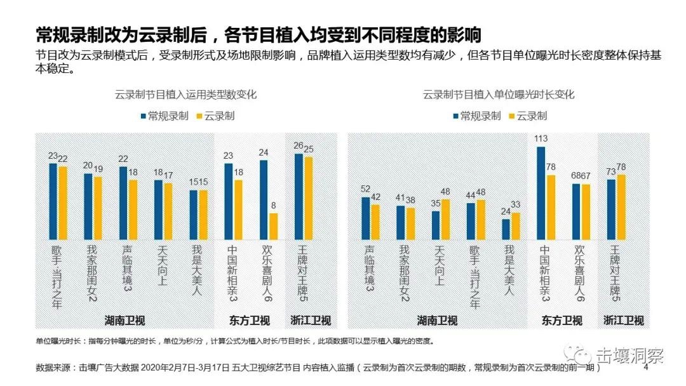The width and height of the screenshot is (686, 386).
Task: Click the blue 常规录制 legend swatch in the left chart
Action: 143,116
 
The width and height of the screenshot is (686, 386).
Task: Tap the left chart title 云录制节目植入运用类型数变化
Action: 185,95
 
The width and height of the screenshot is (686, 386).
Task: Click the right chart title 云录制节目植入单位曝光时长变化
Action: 499,95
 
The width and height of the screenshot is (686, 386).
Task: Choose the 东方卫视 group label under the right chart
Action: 562,320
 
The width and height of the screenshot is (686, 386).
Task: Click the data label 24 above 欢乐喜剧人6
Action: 264,152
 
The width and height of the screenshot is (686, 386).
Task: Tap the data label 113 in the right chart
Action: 541,140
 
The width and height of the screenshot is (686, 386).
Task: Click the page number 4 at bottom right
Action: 647,366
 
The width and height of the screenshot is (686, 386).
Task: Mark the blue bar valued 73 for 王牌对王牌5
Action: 611,209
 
